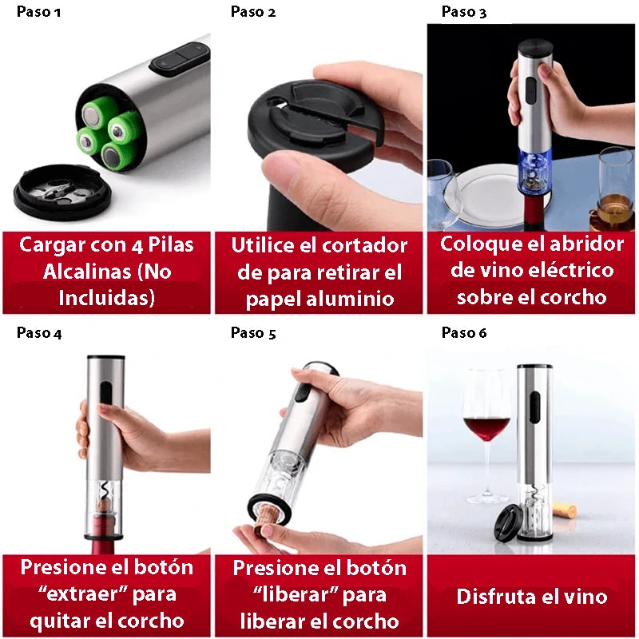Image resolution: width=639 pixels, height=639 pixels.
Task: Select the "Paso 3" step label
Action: tap(463, 12)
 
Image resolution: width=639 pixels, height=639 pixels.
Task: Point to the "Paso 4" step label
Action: tap(38, 333)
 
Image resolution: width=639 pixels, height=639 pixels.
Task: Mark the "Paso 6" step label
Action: tap(463, 333)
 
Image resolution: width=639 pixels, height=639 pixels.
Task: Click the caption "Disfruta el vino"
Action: tap(532, 597)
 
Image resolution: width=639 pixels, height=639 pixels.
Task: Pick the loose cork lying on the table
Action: tap(565, 509)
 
